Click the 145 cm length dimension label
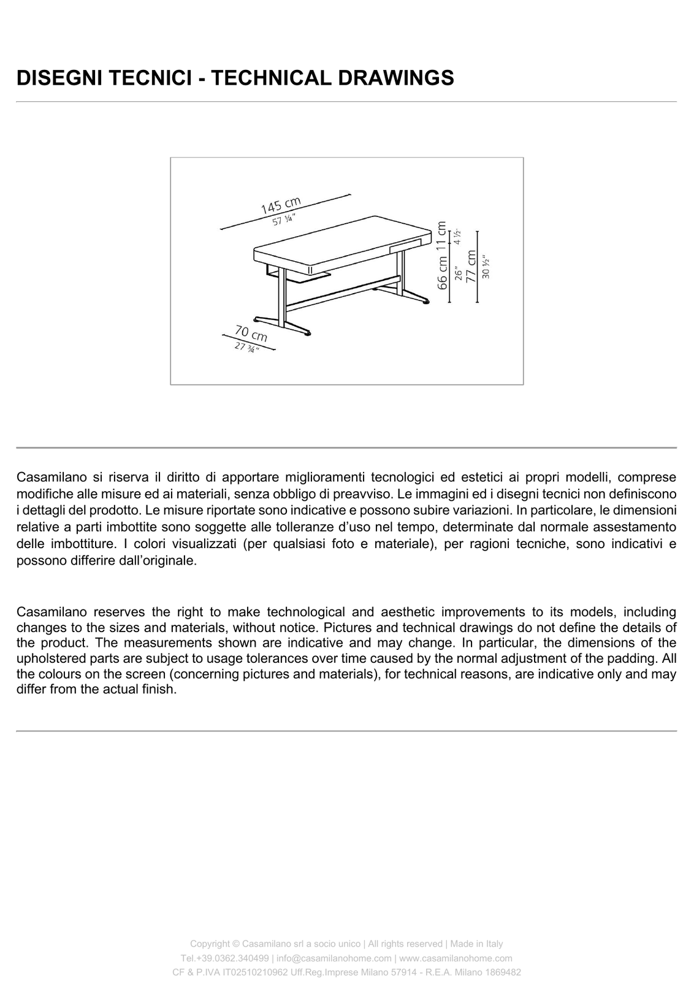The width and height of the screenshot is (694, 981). click(281, 205)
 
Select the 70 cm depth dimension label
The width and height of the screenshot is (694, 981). click(251, 334)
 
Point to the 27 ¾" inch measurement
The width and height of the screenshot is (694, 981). click(247, 347)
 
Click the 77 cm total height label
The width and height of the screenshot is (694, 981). click(471, 266)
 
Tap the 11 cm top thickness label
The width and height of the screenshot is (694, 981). click(442, 237)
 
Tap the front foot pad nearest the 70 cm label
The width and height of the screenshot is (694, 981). click(308, 334)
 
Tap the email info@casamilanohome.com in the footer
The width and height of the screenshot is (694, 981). click(334, 958)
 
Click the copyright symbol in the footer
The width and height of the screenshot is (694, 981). click(236, 944)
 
